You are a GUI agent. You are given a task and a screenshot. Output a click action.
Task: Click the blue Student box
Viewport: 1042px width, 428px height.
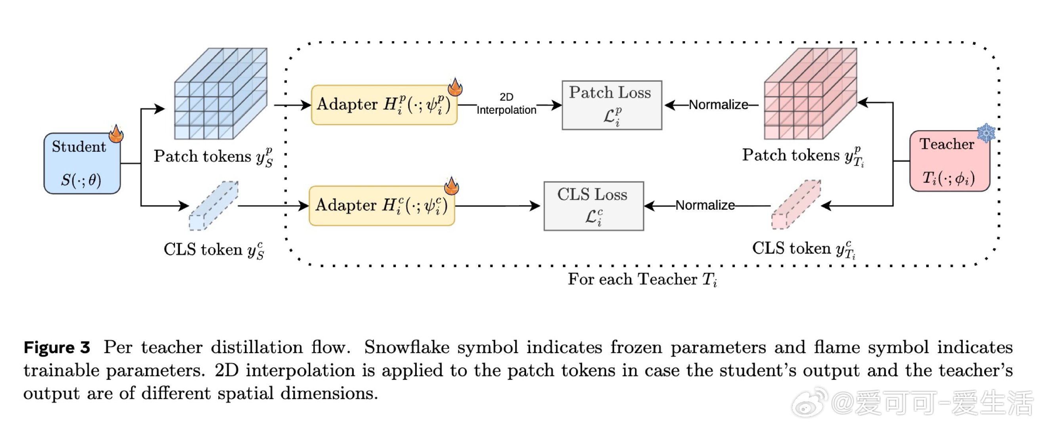(x=82, y=163)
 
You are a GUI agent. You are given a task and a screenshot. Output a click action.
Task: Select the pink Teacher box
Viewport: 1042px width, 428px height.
(x=949, y=161)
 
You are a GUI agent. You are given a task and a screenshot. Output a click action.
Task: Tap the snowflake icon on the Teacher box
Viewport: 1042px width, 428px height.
(x=986, y=133)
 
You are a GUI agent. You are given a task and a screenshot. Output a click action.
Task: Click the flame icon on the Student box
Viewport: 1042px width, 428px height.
(x=116, y=134)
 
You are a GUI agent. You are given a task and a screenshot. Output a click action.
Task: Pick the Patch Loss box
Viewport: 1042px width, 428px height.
(x=612, y=105)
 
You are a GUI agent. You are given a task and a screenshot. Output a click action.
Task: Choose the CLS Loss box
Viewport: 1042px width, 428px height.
(x=594, y=206)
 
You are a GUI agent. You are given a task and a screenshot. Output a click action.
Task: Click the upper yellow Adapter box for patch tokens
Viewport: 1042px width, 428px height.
(x=384, y=105)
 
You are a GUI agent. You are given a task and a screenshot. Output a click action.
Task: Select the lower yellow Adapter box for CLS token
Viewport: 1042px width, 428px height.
(x=382, y=206)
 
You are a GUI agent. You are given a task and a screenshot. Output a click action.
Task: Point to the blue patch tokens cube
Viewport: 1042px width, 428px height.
(x=220, y=94)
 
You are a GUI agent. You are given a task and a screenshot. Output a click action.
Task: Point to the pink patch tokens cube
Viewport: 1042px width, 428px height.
(x=810, y=94)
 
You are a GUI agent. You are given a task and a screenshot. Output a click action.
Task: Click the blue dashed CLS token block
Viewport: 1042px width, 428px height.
(x=214, y=206)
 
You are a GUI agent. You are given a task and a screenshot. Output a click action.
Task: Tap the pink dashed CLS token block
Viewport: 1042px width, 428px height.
(x=796, y=205)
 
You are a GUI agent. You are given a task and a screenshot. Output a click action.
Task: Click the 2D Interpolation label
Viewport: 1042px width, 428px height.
(x=506, y=104)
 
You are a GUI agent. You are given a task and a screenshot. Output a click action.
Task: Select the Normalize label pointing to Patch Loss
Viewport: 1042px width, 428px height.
(x=718, y=105)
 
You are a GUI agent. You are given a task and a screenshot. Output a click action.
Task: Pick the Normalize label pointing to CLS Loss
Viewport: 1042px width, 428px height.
(x=705, y=206)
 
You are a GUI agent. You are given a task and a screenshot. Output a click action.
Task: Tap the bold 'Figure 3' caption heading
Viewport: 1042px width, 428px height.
(x=57, y=348)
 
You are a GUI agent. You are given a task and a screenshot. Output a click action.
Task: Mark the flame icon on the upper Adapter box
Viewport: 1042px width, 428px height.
(x=455, y=87)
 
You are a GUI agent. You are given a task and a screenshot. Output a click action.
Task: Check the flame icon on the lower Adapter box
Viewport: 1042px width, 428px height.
(x=451, y=187)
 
